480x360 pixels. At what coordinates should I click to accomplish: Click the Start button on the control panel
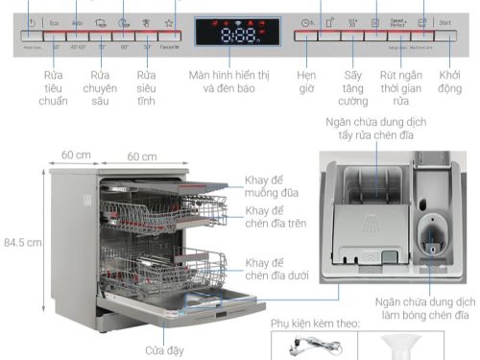(444, 21)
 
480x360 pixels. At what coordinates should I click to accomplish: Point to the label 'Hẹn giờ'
(306, 82)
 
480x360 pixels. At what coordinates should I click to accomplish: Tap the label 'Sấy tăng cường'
(352, 88)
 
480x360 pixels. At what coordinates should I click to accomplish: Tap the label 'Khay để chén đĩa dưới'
(278, 270)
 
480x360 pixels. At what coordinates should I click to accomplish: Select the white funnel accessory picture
(393, 348)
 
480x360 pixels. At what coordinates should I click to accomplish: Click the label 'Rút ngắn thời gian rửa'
(401, 88)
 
